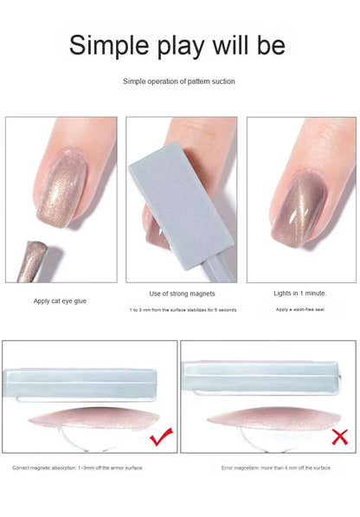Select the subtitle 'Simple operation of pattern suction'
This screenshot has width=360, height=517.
[179, 81]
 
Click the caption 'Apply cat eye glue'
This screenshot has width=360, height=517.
[60, 301]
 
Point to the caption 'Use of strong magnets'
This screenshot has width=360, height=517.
[182, 294]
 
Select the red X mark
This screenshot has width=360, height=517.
[339, 437]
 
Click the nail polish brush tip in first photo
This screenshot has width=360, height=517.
[31, 260]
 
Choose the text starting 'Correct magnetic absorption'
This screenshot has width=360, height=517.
[77, 468]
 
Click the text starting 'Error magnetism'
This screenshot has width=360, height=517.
[274, 468]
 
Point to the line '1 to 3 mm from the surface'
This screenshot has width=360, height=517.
[183, 309]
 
